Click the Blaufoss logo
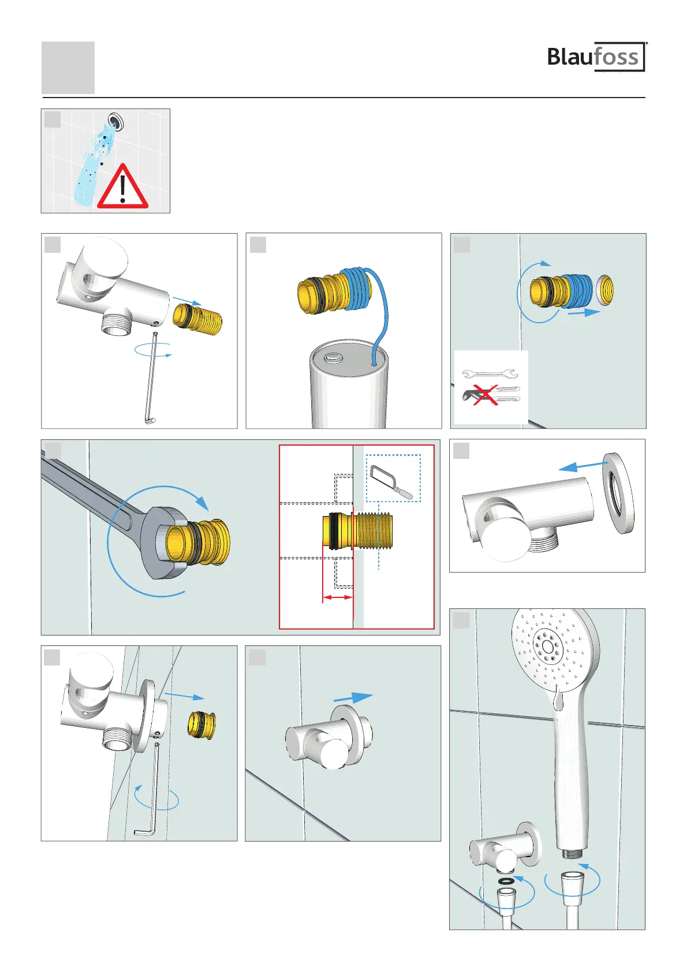point(597,57)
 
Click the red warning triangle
point(123,186)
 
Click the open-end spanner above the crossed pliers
point(490,373)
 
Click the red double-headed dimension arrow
point(338,597)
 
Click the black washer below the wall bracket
point(506,881)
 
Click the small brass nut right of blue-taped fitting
point(604,289)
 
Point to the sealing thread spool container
point(349,383)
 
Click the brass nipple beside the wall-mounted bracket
point(201,724)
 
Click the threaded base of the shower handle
point(575,854)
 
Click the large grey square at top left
point(68,68)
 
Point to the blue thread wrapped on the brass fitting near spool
point(356,287)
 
